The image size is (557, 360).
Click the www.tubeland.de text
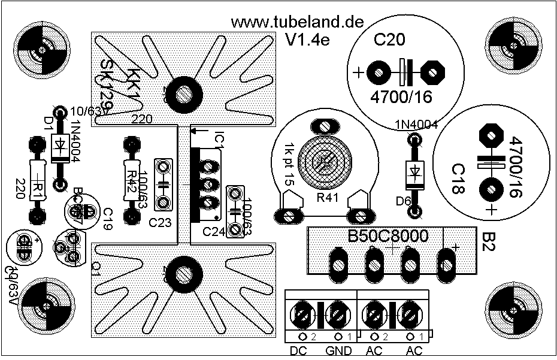point(297,22)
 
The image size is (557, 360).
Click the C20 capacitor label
point(389,41)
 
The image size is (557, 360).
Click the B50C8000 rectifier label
point(389,236)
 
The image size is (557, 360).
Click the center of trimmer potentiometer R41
point(325,160)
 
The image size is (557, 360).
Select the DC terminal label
point(298,351)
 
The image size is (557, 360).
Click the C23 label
point(160,223)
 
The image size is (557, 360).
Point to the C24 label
point(214,231)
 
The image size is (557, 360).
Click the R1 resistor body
point(37,180)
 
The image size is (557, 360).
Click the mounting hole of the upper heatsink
point(183,93)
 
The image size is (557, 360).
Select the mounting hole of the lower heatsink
point(183,273)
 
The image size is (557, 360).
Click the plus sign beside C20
point(358,74)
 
